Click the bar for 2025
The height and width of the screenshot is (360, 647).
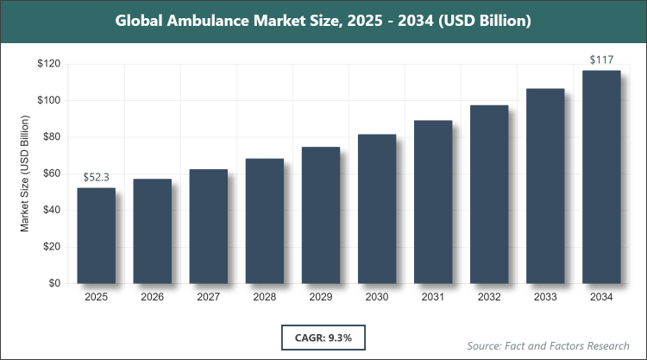tap(96, 236)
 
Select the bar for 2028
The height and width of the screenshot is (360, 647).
tap(264, 221)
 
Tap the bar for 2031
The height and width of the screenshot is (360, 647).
tap(433, 202)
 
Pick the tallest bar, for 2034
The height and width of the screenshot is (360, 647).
tap(601, 177)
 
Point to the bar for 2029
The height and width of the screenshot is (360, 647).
tap(321, 215)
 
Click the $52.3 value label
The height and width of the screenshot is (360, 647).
tap(96, 177)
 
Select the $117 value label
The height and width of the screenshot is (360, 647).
tap(601, 60)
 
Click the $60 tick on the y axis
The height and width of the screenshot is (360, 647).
tap(50, 174)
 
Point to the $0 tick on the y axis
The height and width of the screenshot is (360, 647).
tap(53, 283)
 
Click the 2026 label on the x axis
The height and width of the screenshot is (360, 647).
tap(152, 298)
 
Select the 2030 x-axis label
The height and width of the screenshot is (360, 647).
tap(377, 298)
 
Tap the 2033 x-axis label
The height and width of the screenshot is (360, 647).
tap(545, 298)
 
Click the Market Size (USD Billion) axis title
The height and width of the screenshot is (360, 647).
tap(25, 174)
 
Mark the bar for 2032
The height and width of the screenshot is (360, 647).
tap(489, 194)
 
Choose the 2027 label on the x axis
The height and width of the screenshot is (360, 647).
tap(208, 298)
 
